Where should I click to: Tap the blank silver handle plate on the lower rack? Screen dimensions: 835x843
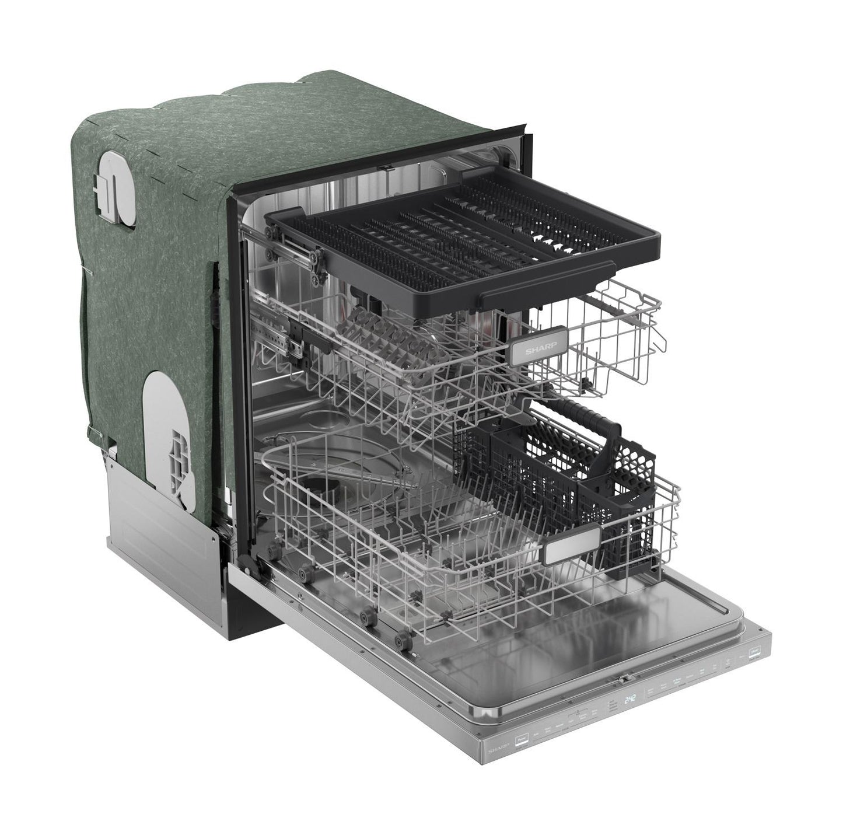point(572,543)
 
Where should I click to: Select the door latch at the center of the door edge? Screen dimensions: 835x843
point(625,680)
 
